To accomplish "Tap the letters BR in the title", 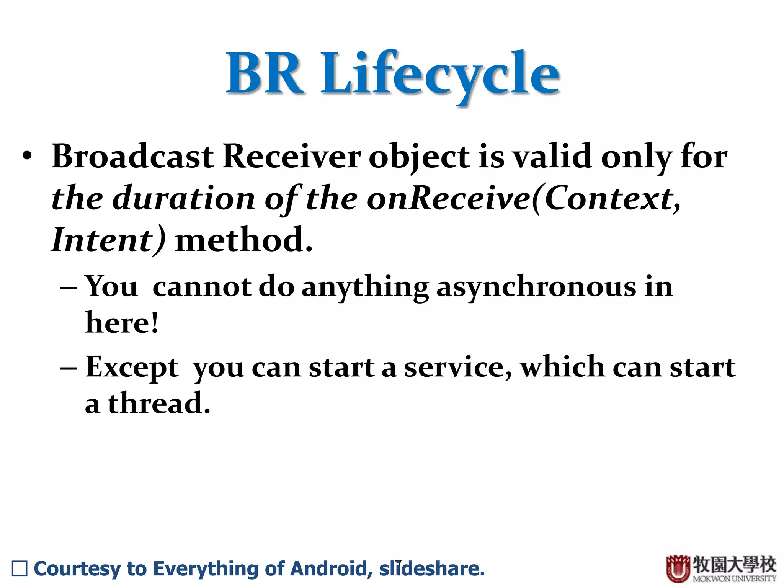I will click(x=265, y=73).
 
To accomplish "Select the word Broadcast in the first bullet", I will click(x=132, y=157).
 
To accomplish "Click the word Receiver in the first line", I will click(x=292, y=157).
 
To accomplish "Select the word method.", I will click(x=243, y=240).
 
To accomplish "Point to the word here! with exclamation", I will click(x=122, y=323).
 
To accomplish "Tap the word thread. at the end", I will click(x=159, y=403).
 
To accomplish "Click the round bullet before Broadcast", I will click(x=27, y=157).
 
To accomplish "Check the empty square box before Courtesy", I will click(x=20, y=568).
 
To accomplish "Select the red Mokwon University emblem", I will click(x=678, y=568).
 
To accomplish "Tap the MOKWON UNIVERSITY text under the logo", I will click(x=734, y=578).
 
